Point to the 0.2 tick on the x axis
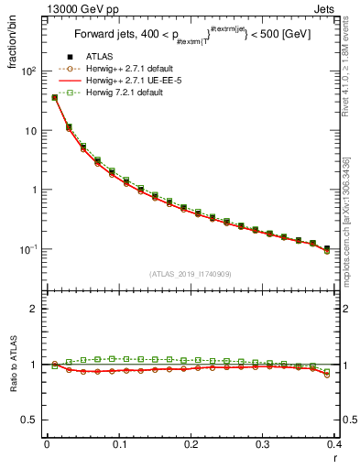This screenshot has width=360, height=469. [x=191, y=444]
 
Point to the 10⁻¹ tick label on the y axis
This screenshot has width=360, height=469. [x=29, y=249]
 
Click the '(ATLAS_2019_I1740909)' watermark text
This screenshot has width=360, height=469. [x=190, y=275]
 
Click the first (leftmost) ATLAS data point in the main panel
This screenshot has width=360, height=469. [x=55, y=97]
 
